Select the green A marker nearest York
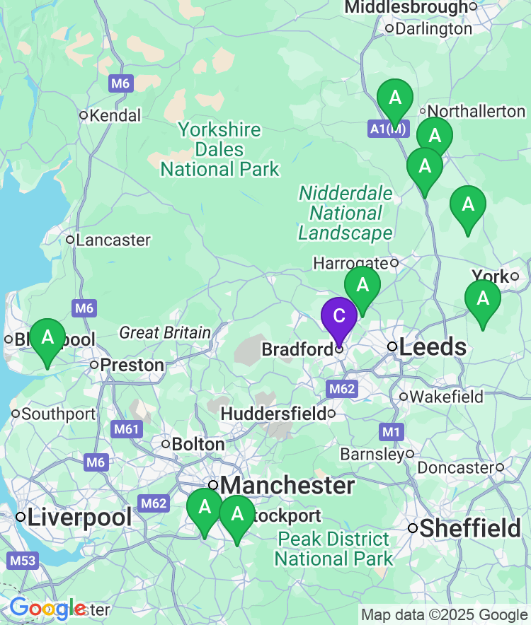(x=482, y=300)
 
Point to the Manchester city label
(x=287, y=486)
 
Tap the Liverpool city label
(x=79, y=517)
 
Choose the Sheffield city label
(x=469, y=528)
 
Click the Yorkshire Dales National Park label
(x=219, y=150)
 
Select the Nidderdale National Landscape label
(x=346, y=214)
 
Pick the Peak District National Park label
(x=333, y=549)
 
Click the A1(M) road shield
(x=388, y=129)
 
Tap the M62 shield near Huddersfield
(x=343, y=389)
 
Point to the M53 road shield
(x=23, y=561)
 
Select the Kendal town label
(x=115, y=115)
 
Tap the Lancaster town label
(x=113, y=240)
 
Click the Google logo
(x=47, y=608)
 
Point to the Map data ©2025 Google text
(x=444, y=615)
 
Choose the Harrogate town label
(x=350, y=263)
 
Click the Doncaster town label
(x=455, y=467)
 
